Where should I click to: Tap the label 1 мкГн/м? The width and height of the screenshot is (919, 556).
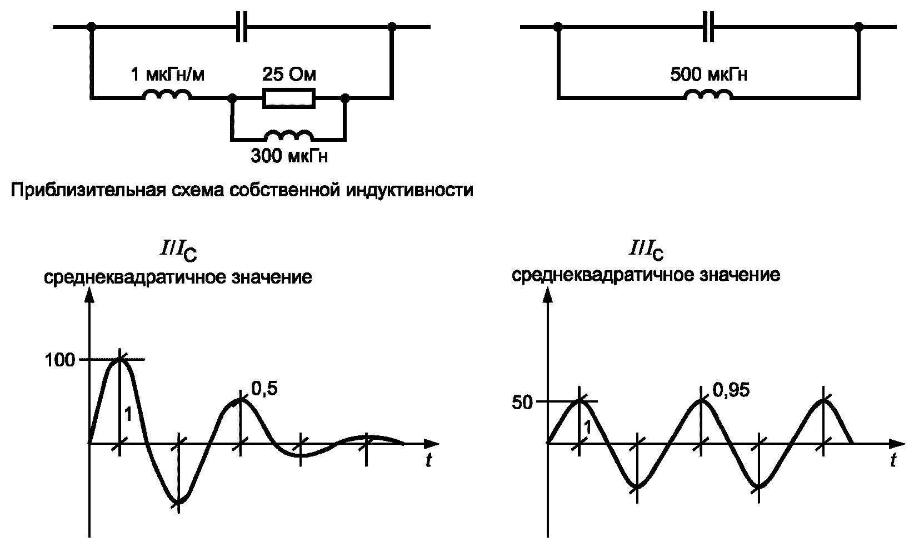click(x=167, y=75)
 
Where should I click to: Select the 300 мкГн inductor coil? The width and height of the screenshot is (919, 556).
click(x=289, y=135)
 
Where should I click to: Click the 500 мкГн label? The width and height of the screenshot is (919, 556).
click(x=708, y=75)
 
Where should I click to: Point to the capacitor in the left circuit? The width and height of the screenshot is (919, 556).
click(x=242, y=27)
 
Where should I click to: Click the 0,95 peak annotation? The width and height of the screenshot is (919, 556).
click(x=731, y=390)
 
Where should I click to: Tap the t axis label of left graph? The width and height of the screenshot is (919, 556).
click(x=428, y=460)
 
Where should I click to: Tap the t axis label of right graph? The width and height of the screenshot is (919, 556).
click(x=893, y=460)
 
